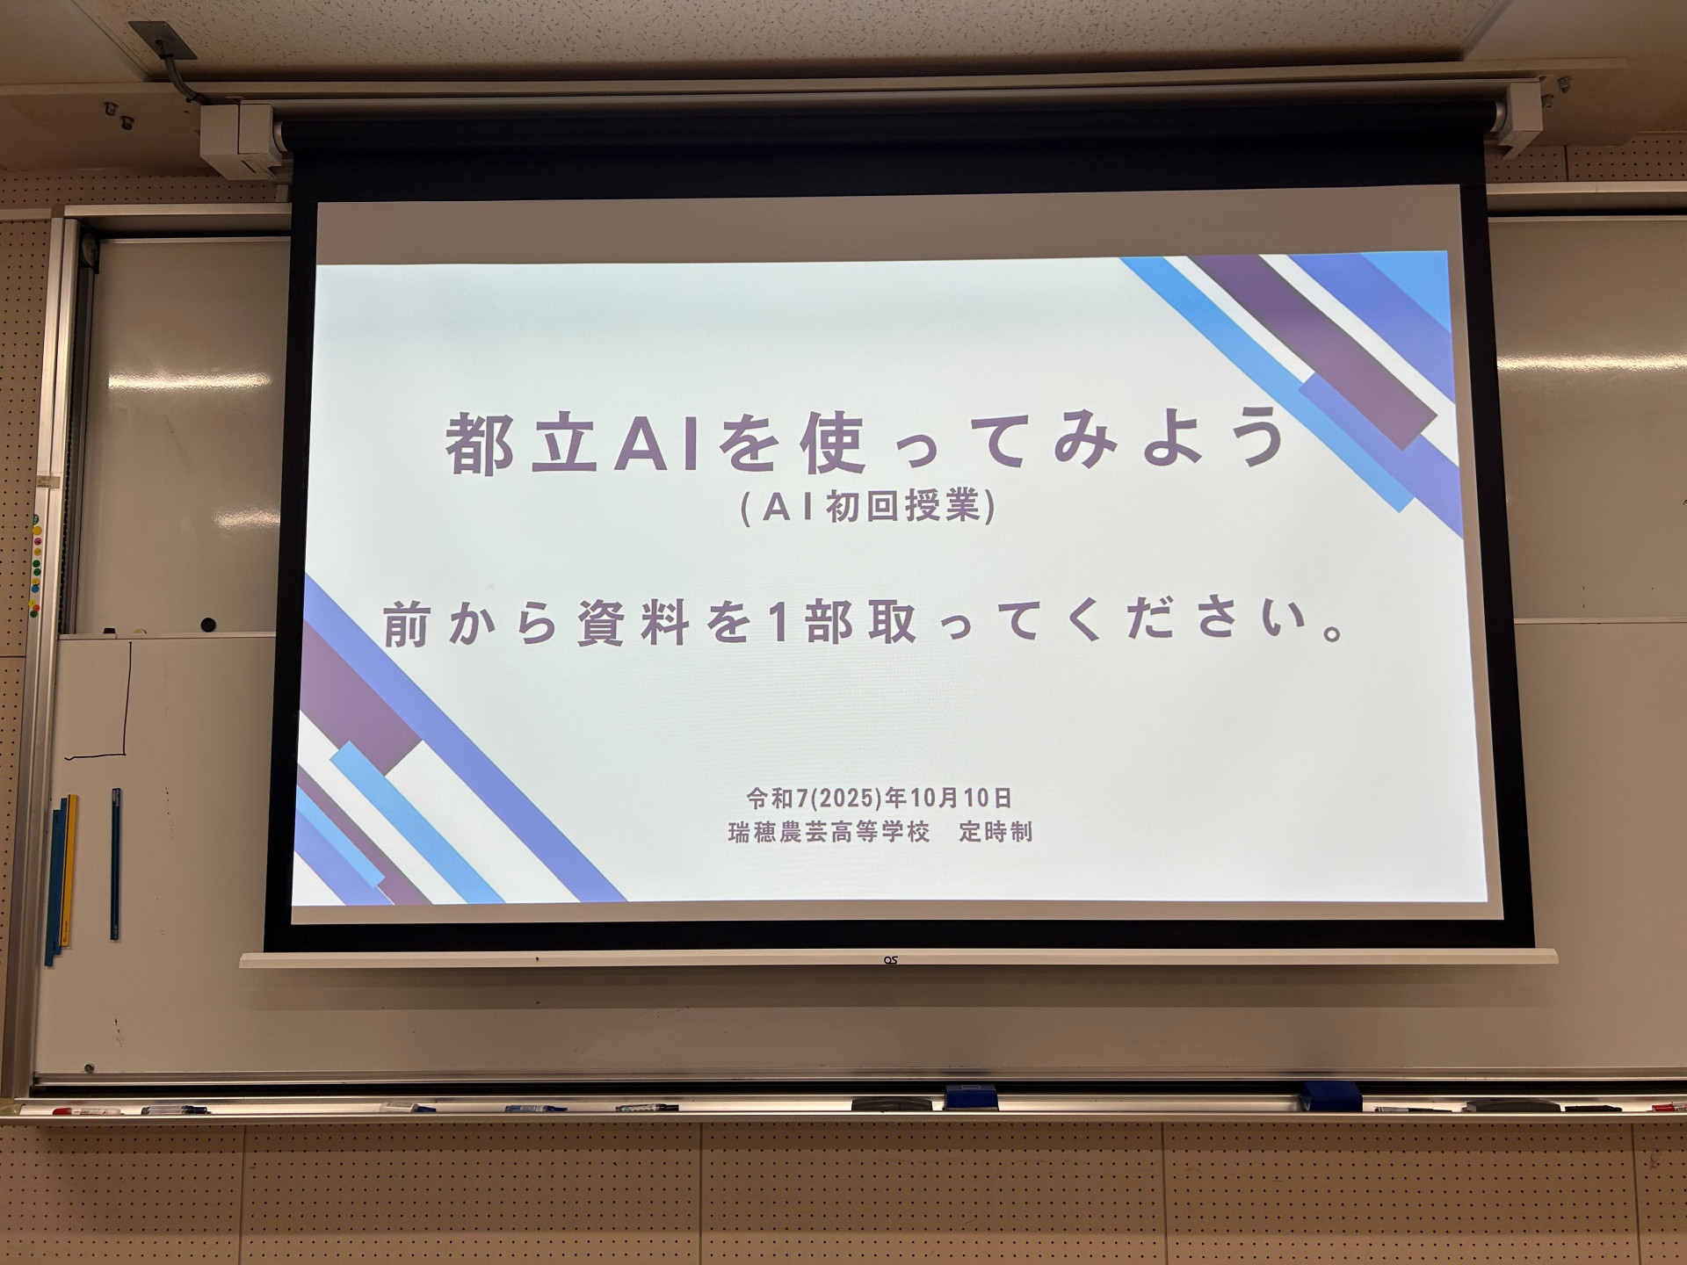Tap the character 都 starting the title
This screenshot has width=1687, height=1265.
point(480,444)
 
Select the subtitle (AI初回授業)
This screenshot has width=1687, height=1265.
point(868,507)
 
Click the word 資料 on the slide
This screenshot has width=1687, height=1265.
point(633,624)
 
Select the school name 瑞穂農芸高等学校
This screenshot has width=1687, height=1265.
point(829,832)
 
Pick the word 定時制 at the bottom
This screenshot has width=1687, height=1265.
point(996,831)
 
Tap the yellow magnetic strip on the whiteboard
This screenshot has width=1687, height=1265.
point(68,871)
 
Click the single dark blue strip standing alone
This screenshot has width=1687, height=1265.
point(115,864)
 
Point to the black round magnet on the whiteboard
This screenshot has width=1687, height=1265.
point(208,625)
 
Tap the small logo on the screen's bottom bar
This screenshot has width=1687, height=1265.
point(890,960)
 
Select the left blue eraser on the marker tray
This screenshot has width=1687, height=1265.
point(971,1097)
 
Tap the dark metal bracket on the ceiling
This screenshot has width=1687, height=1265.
point(164,40)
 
